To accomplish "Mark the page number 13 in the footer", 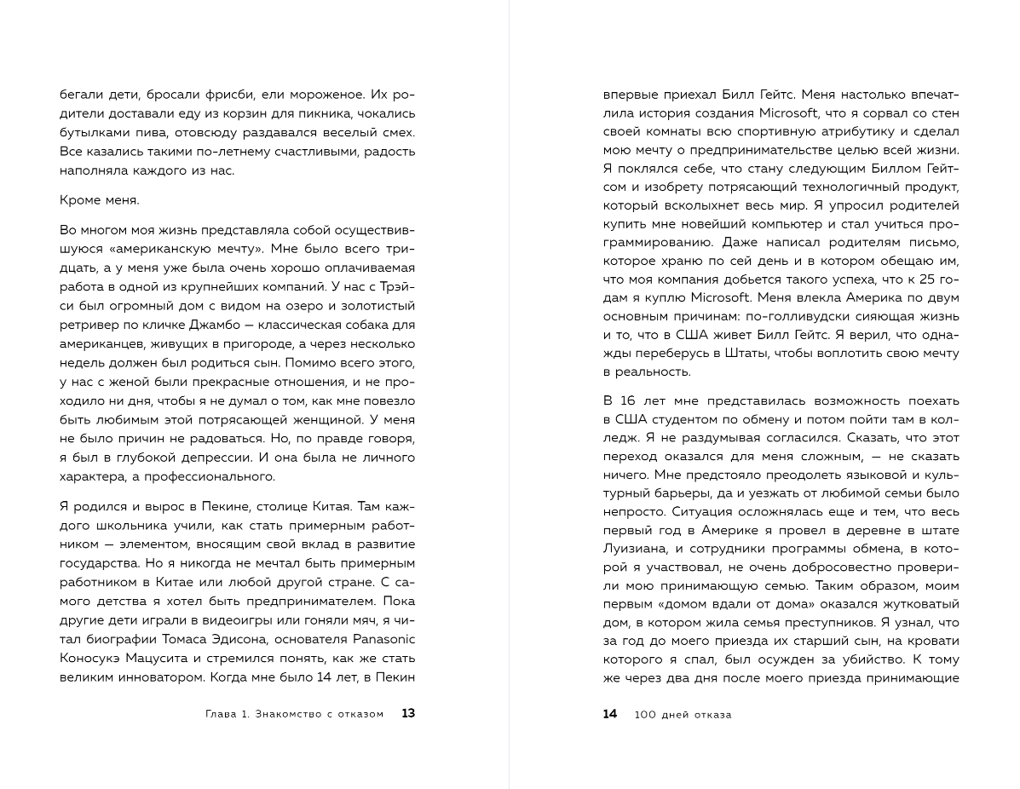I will click(x=408, y=713).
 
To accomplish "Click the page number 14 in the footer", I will click(x=609, y=714).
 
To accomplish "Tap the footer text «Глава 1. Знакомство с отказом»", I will click(x=295, y=714).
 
